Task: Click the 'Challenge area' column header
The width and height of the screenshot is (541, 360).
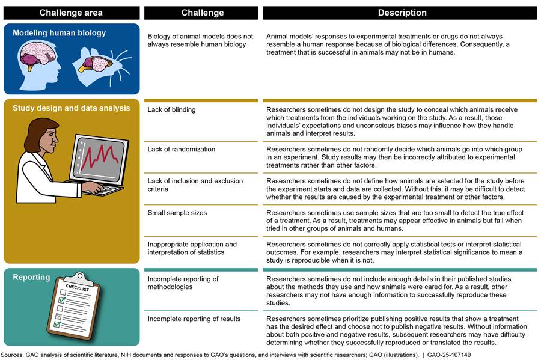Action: click(71, 13)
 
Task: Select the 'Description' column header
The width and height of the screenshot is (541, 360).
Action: click(402, 13)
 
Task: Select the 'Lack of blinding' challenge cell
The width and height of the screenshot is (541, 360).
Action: click(171, 110)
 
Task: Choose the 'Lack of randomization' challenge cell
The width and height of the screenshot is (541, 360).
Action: click(182, 149)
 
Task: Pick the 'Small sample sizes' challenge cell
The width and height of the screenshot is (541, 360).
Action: click(177, 213)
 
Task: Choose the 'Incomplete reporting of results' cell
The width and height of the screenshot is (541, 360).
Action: click(194, 319)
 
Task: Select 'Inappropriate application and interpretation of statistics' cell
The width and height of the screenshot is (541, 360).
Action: click(192, 248)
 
